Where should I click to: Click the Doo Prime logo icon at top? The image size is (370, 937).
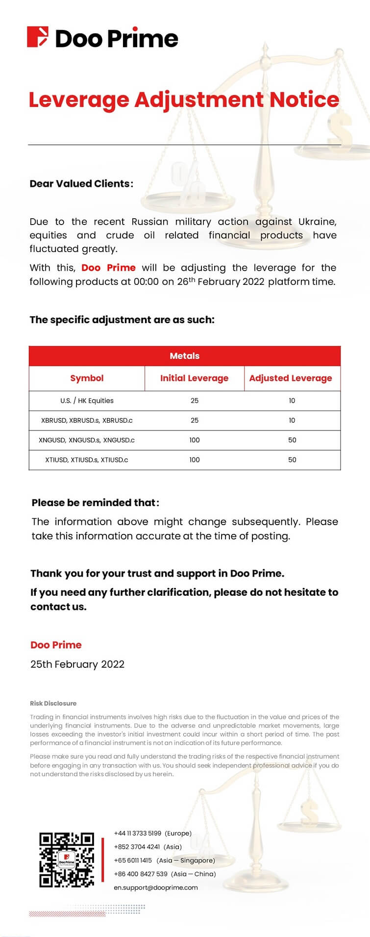pyautogui.click(x=38, y=37)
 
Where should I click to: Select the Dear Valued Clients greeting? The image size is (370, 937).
pyautogui.click(x=81, y=184)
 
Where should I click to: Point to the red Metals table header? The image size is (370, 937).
pyautogui.click(x=184, y=356)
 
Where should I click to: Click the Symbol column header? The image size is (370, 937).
pyautogui.click(x=87, y=378)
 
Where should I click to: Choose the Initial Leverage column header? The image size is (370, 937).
pyautogui.click(x=194, y=378)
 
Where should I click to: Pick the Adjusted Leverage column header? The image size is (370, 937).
pyautogui.click(x=291, y=378)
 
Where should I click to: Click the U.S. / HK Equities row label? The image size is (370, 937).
pyautogui.click(x=87, y=401)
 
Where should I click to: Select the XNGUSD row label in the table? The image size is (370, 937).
pyautogui.click(x=87, y=440)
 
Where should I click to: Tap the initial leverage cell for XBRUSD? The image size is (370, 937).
pyautogui.click(x=195, y=420)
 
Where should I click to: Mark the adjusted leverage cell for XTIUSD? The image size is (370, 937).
pyautogui.click(x=292, y=460)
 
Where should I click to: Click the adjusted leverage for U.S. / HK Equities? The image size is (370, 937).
pyautogui.click(x=292, y=401)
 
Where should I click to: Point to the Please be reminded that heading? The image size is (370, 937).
pyautogui.click(x=95, y=503)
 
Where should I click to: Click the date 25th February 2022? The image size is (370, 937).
pyautogui.click(x=77, y=664)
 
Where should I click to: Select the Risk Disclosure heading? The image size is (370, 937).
pyautogui.click(x=53, y=703)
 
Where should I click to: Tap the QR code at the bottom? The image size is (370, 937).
pyautogui.click(x=67, y=860)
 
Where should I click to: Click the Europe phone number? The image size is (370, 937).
pyautogui.click(x=138, y=833)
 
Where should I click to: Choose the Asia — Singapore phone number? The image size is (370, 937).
pyautogui.click(x=133, y=860)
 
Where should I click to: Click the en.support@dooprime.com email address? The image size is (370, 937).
pyautogui.click(x=156, y=887)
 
